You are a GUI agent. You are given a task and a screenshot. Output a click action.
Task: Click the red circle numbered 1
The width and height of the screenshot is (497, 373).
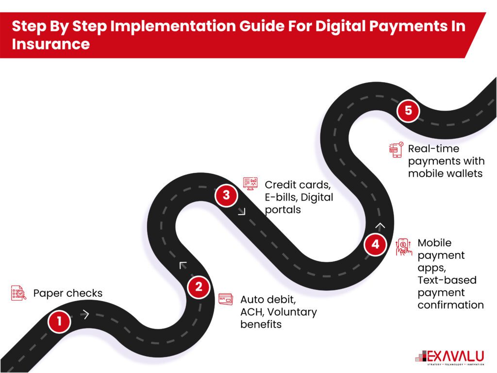pyautogui.click(x=60, y=322)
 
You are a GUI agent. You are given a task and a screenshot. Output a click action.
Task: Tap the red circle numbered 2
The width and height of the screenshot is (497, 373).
pyautogui.click(x=199, y=287)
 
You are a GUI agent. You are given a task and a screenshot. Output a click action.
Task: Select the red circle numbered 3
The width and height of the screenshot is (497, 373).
pyautogui.click(x=226, y=197)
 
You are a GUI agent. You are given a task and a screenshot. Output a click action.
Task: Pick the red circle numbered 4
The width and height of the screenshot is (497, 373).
pyautogui.click(x=375, y=244)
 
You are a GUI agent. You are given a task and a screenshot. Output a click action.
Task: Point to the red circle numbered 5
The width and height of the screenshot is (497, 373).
pyautogui.click(x=408, y=111)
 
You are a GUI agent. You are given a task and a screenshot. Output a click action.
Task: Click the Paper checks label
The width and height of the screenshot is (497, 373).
pyautogui.click(x=67, y=293)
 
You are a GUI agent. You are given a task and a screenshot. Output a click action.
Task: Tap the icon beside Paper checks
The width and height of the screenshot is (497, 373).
pyautogui.click(x=18, y=293)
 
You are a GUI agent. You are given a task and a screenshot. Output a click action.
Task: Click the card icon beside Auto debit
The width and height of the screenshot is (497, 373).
pyautogui.click(x=226, y=299)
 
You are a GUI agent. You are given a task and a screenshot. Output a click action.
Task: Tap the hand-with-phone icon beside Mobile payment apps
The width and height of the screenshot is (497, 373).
pyautogui.click(x=403, y=247)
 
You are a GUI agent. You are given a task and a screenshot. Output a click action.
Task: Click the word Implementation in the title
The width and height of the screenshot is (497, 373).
pyautogui.click(x=161, y=26)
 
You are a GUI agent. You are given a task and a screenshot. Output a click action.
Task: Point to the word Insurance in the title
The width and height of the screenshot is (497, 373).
pyautogui.click(x=51, y=44)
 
